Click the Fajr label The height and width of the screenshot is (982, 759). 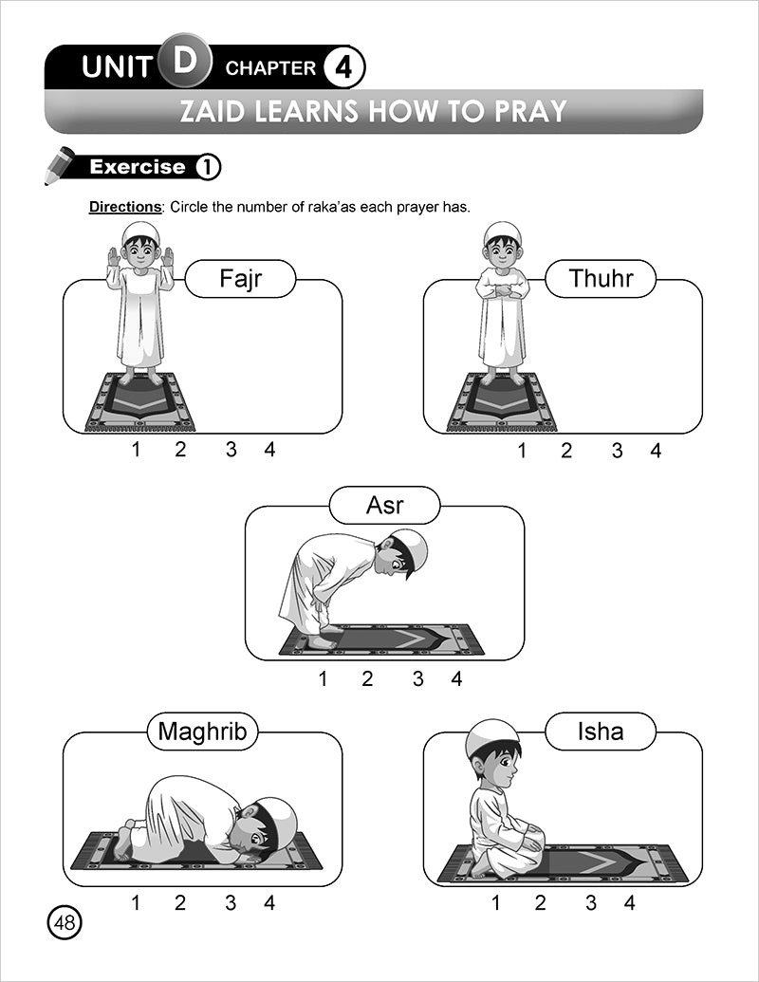tap(240, 279)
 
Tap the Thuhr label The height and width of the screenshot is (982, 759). tap(601, 279)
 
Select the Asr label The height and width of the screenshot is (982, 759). tap(384, 505)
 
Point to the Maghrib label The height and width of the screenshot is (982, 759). tap(202, 731)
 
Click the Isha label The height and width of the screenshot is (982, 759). tap(601, 731)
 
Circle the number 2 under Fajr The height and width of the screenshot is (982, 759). tap(180, 449)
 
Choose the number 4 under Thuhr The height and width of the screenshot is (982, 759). tap(656, 451)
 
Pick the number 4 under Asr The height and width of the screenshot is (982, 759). tap(456, 678)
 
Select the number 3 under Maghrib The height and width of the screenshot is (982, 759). tap(231, 902)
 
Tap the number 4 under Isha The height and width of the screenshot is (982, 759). tap(629, 902)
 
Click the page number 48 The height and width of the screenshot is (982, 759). tap(65, 922)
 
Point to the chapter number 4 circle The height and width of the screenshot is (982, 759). tap(343, 67)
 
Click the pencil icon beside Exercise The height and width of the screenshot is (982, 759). tap(59, 165)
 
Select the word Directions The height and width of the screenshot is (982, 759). tap(125, 207)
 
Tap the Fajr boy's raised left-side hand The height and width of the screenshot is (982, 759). tap(113, 256)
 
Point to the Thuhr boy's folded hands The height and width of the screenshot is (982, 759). tap(503, 291)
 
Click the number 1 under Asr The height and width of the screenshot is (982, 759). tap(323, 678)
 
